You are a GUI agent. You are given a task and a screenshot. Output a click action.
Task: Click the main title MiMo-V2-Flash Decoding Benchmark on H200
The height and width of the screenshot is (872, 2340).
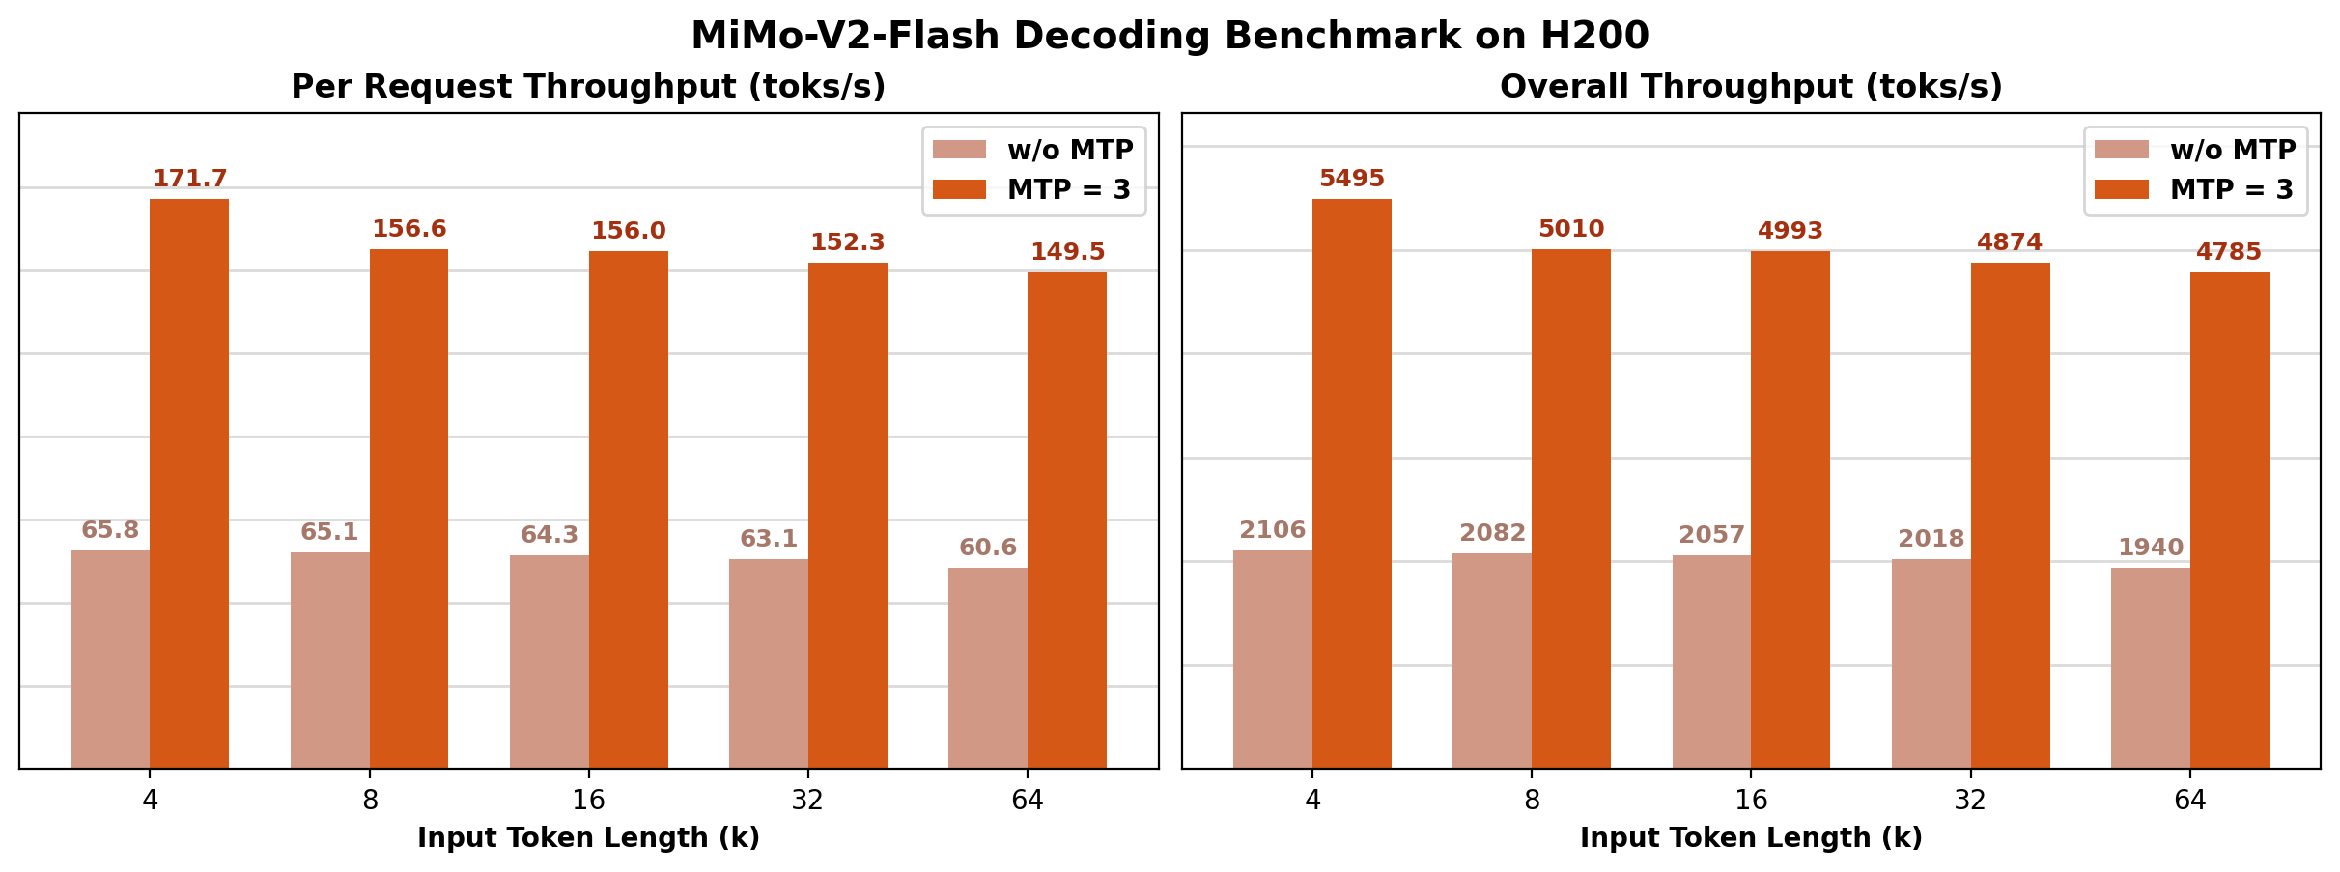[x=1170, y=36]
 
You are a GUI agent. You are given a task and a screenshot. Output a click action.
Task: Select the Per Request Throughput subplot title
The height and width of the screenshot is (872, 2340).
[x=588, y=87]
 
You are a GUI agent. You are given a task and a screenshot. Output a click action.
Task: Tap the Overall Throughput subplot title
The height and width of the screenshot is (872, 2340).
[x=1751, y=87]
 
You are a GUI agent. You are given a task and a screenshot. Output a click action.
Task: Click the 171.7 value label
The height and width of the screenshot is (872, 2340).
[x=189, y=179]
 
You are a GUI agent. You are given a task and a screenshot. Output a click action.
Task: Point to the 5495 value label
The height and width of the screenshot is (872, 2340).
[x=1351, y=179]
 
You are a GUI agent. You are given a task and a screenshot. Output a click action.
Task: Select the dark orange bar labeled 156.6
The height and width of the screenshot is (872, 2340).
[x=409, y=507]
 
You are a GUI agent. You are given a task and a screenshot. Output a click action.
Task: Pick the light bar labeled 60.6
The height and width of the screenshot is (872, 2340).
[x=987, y=667]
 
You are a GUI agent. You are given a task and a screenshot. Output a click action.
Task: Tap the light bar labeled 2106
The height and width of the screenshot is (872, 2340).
[x=1272, y=659]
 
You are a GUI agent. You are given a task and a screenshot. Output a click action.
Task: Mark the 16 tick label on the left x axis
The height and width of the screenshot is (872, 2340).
[x=588, y=801]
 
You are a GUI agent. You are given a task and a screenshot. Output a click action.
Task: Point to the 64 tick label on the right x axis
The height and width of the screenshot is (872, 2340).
[x=2189, y=801]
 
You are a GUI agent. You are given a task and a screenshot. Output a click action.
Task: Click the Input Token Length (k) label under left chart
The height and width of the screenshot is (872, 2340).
[x=588, y=838]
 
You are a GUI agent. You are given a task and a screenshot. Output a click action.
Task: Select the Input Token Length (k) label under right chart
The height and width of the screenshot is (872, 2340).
[x=1751, y=838]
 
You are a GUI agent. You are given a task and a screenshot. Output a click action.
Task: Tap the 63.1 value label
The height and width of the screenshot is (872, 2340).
[x=768, y=539]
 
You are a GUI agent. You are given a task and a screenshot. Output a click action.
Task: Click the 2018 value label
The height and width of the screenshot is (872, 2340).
[x=1931, y=539]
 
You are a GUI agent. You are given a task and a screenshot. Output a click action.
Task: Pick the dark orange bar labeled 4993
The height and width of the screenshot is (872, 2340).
[x=1790, y=509]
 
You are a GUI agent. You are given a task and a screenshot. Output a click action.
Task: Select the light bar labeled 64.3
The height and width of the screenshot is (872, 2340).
[x=549, y=661]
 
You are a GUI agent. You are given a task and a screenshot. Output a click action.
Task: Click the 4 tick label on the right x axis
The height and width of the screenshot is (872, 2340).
[x=1311, y=801]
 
